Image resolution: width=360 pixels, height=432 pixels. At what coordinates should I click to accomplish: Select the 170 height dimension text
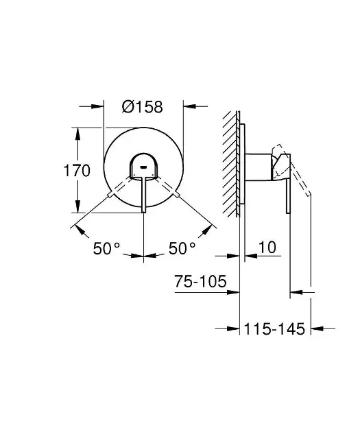point(77,170)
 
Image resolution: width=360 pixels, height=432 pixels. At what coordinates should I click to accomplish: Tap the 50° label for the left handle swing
point(107,248)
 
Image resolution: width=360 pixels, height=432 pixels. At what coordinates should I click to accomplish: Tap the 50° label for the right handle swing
point(182,248)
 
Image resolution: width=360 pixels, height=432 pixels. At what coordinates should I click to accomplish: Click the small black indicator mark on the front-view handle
point(143,165)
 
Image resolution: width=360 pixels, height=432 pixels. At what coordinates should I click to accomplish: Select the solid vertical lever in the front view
point(143,195)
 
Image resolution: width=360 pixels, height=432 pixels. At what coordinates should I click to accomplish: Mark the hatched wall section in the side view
point(230,165)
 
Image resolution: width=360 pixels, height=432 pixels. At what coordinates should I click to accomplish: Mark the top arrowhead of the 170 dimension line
point(77,130)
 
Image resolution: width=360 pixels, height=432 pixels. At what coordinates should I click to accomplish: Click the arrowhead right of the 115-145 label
point(318,329)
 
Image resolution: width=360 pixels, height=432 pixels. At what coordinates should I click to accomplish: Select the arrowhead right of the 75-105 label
point(236,293)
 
